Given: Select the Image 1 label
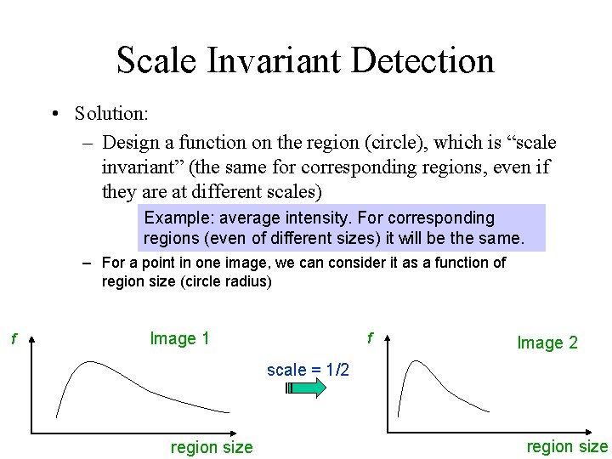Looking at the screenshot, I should (179, 338).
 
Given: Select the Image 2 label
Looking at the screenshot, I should (547, 343).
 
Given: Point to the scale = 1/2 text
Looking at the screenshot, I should (307, 370).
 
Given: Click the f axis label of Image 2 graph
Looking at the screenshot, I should (370, 338).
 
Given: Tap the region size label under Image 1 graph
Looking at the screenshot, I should (212, 447).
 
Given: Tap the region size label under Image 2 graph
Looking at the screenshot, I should (567, 446).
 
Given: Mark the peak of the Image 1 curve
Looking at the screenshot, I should (79, 363).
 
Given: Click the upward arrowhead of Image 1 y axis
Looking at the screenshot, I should (32, 341).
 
